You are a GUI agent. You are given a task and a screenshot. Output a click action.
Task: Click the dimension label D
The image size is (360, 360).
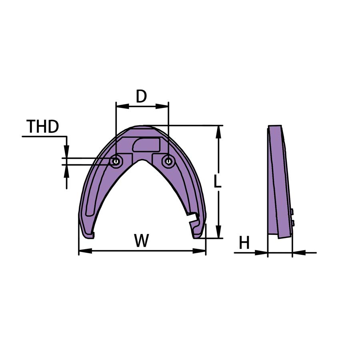(x=141, y=96)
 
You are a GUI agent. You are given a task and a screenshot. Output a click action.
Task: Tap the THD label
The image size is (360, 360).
(x=43, y=126)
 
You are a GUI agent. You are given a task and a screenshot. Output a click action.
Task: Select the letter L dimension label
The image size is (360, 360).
(x=218, y=181)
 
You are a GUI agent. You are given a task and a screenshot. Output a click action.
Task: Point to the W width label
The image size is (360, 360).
(x=142, y=240)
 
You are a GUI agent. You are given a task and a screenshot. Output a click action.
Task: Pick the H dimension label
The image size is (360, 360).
(x=244, y=243)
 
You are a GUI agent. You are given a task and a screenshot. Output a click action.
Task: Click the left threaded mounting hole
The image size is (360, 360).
(x=116, y=161)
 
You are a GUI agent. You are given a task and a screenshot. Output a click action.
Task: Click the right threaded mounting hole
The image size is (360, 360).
(x=169, y=161)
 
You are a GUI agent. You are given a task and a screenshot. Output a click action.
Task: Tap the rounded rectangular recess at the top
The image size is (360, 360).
(x=146, y=144)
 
